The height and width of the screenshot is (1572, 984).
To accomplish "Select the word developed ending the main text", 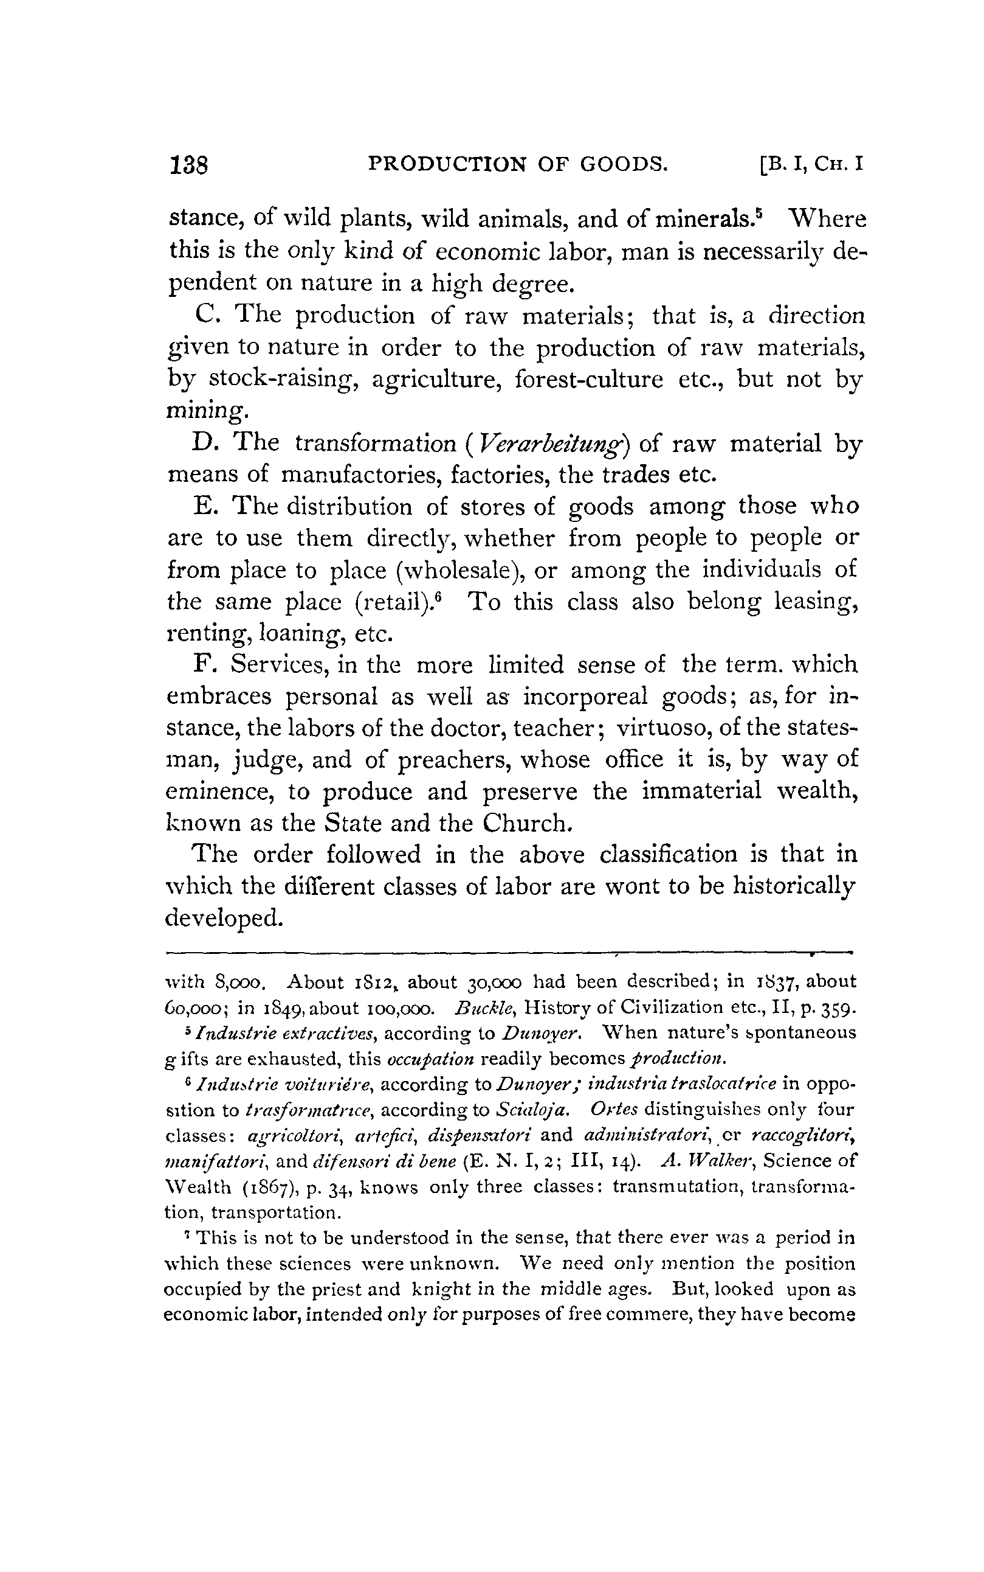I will click(224, 918).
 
